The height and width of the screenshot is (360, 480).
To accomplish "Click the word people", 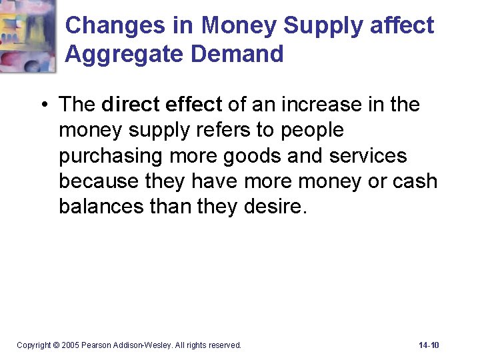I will coord(312,130).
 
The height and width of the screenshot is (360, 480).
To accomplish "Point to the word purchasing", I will coord(107,155).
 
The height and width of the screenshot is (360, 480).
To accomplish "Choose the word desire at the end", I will coord(275,206).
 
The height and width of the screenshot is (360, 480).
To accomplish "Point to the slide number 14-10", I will coord(429,345).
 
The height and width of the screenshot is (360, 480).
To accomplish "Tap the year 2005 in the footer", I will coord(70,345).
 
